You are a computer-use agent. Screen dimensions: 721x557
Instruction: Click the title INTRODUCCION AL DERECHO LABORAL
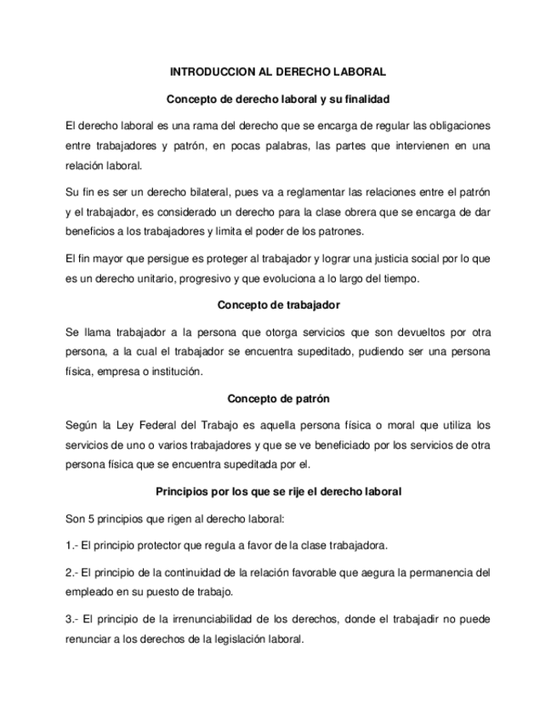[278, 72]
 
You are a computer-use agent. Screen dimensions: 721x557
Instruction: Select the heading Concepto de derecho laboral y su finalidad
[278, 99]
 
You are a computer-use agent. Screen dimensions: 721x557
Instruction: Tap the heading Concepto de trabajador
[278, 304]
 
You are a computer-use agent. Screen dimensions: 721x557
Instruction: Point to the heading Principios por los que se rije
[278, 491]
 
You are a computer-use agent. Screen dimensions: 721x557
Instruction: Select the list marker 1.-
[73, 544]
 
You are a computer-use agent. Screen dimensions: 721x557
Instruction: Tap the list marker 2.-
[73, 573]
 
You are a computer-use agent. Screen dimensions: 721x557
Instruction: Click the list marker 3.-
[73, 620]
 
